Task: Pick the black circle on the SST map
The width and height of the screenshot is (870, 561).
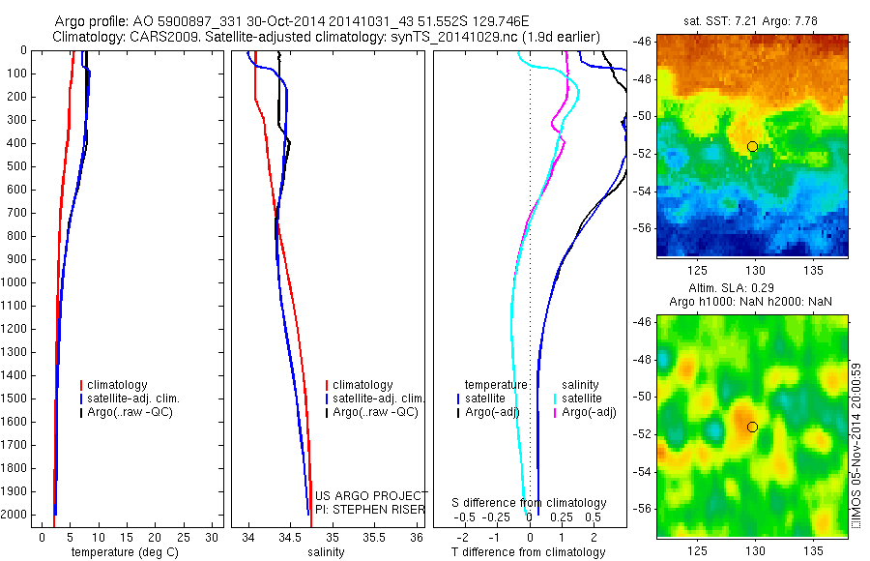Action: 752,146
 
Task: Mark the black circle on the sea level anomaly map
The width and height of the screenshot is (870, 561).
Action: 752,427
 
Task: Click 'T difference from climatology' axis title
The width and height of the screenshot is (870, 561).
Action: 528,552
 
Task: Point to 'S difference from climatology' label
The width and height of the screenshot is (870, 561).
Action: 530,503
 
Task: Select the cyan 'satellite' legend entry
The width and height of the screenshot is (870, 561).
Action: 581,399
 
